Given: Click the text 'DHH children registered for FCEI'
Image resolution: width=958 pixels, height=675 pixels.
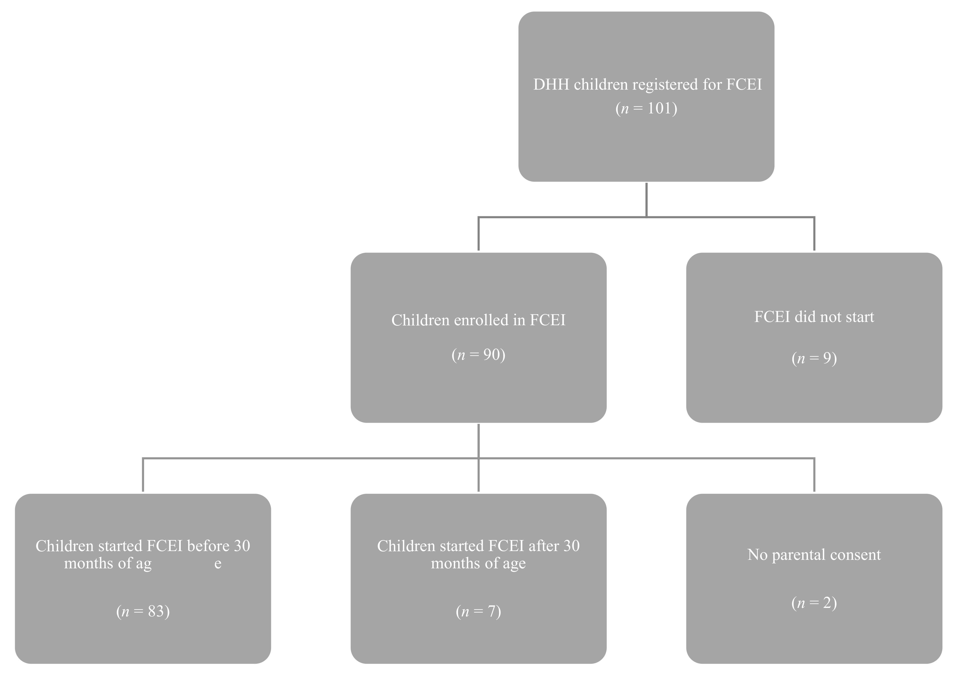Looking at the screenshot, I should point(647,85).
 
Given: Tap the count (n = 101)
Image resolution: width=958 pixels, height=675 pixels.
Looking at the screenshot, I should point(646,108).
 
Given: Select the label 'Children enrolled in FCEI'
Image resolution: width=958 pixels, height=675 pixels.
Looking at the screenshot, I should point(478,320).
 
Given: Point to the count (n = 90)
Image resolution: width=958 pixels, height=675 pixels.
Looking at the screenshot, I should point(478,355).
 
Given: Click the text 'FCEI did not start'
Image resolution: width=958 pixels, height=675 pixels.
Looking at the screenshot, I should point(814,317).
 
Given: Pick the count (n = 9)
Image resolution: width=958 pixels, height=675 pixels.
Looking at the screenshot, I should point(814,358).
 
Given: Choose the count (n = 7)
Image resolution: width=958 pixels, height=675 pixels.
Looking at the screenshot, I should point(478,612).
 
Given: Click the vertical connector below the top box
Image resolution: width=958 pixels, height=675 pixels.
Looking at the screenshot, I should point(646,200).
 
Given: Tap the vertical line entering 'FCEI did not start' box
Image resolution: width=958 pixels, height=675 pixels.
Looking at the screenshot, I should point(814,234).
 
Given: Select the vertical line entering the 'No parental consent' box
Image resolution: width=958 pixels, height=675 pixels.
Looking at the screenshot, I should point(814,475).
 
